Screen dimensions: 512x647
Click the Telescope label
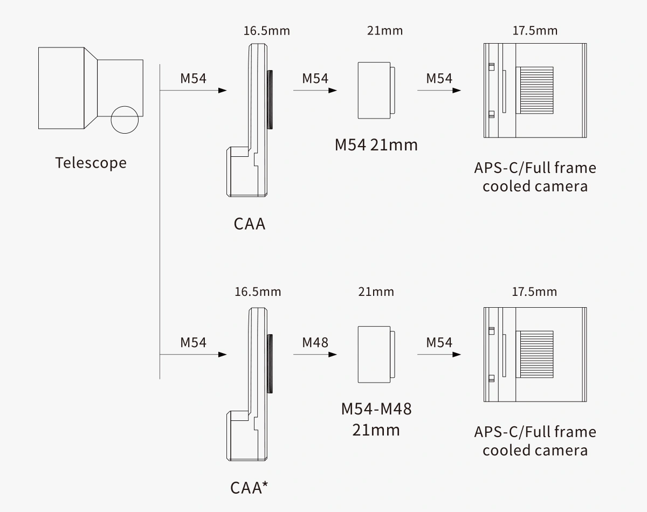coord(91,163)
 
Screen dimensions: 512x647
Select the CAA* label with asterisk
coord(249,488)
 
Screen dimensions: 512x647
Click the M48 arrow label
coord(315,342)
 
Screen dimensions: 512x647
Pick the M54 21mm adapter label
coord(376,145)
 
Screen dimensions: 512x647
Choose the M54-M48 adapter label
coord(376,409)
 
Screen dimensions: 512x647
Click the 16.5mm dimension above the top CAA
coord(266,31)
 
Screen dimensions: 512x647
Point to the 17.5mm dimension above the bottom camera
coord(534,292)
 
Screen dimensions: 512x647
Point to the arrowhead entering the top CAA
coord(222,91)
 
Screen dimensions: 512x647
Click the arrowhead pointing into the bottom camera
coord(457,355)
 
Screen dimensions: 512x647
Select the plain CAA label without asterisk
coord(250,224)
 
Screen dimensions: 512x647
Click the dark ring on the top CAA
coord(270,100)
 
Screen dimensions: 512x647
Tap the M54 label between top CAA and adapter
coord(315,78)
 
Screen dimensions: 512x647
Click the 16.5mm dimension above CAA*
coord(258,292)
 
